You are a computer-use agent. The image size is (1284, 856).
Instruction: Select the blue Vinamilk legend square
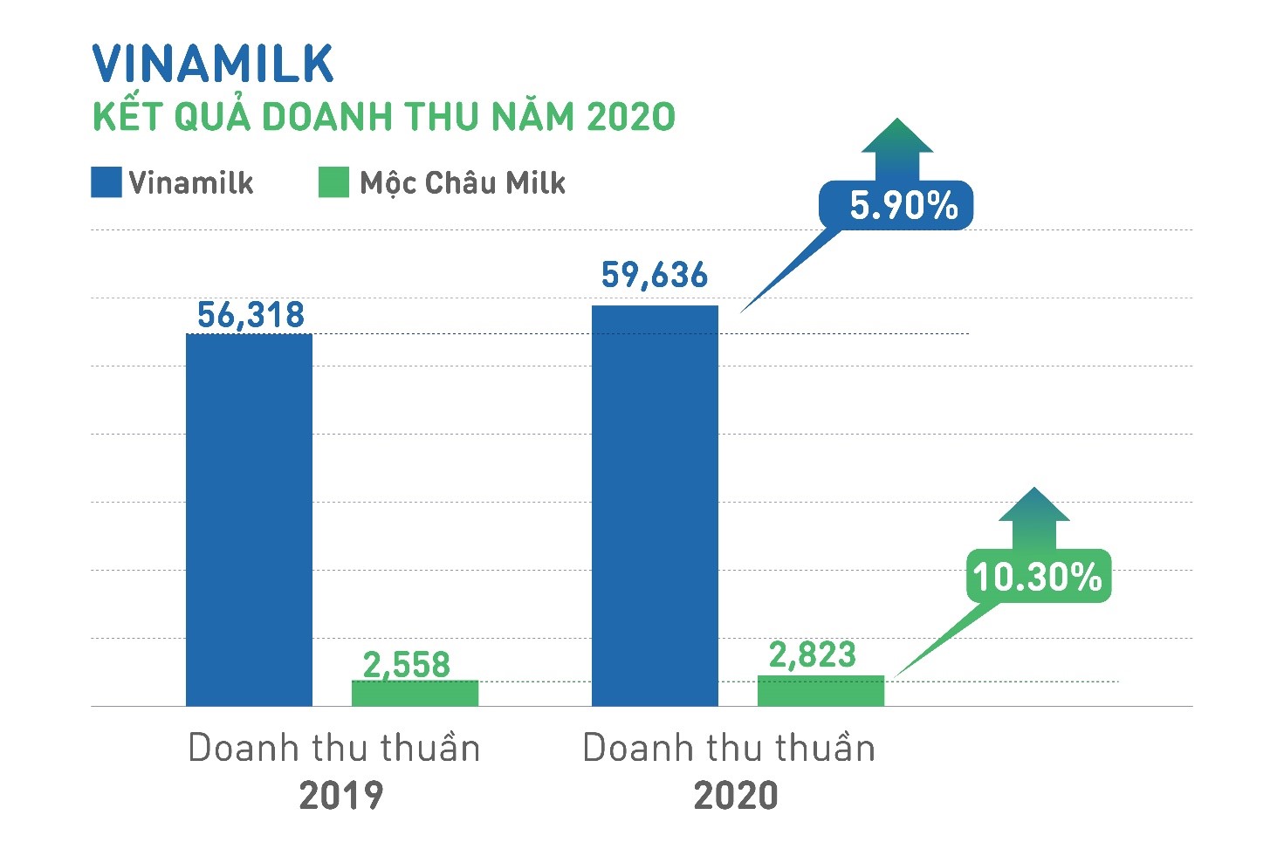point(106,182)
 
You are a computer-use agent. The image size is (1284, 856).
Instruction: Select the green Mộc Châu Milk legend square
point(333,182)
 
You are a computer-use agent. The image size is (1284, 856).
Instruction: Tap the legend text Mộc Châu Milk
point(463,183)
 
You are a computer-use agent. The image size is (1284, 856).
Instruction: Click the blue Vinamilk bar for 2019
point(249,520)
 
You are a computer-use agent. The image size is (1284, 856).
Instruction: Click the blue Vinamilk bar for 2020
point(655,506)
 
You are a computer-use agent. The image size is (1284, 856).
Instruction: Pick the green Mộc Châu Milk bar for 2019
point(415,693)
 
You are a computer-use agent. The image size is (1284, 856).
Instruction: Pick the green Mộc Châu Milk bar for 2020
point(821,690)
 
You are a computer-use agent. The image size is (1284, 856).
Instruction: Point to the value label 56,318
point(251,315)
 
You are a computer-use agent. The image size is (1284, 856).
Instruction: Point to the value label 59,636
point(655,275)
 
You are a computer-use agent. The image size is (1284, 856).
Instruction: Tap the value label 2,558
point(407,665)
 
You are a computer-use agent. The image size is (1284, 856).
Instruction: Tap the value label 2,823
point(813,654)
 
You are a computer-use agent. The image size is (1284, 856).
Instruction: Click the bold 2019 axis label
point(340,796)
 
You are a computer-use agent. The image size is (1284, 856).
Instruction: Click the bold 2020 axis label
point(735,796)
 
